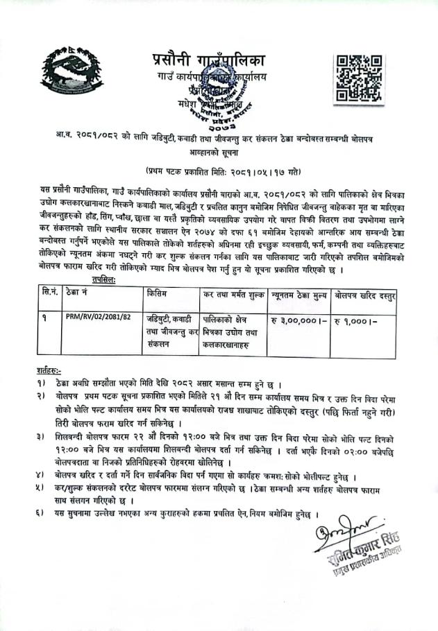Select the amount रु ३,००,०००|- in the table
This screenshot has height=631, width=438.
(x=298, y=321)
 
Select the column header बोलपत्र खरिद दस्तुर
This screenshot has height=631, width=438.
(x=364, y=295)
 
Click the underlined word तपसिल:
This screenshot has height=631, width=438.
(x=103, y=279)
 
